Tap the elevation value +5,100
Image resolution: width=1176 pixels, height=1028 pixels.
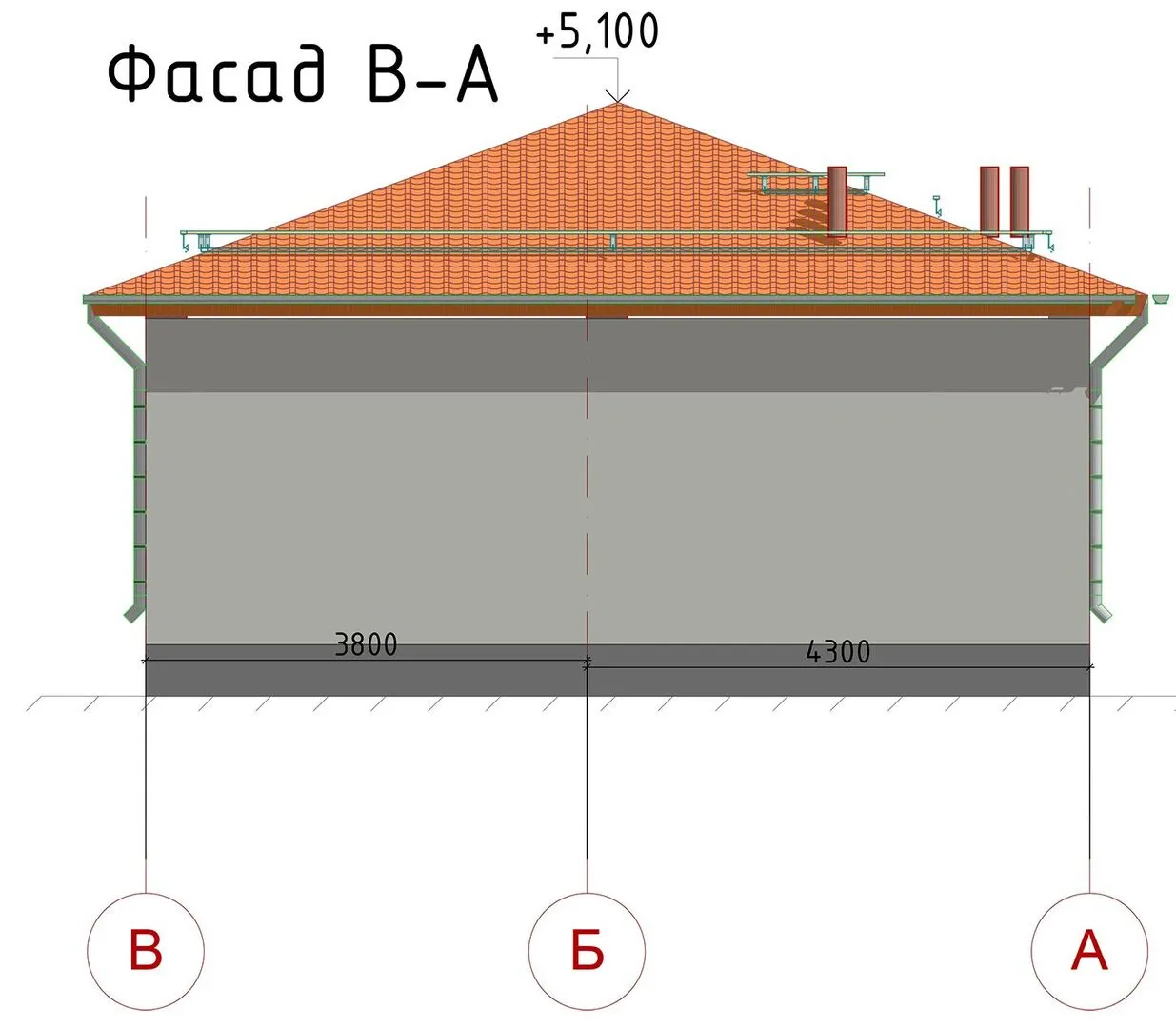597,31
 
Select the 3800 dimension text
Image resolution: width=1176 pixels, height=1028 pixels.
366,644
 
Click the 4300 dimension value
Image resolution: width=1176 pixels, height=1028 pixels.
838,652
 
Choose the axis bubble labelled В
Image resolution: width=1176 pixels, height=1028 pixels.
146,950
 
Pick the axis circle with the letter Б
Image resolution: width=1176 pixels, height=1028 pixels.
587,950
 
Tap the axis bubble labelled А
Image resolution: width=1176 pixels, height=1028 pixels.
1089,950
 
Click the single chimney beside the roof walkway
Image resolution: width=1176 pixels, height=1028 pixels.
837,201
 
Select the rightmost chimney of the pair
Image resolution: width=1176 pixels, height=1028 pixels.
1020,201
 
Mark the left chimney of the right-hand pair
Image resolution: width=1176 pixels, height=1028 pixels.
989,201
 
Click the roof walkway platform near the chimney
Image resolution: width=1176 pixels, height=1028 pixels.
814,176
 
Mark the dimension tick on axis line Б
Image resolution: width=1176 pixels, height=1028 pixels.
587,662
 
